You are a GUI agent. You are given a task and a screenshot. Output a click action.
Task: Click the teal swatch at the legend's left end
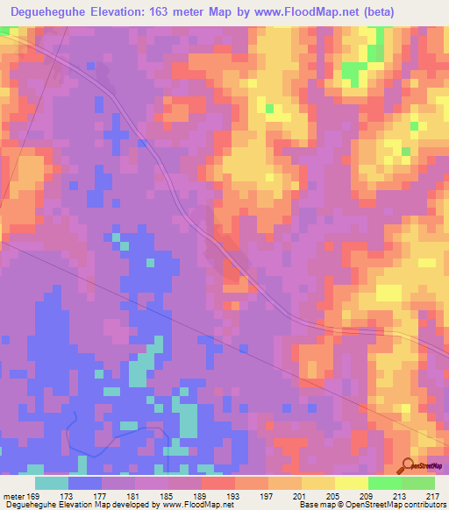click(52, 483)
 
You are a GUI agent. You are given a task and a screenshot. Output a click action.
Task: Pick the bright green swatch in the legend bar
click(385, 483)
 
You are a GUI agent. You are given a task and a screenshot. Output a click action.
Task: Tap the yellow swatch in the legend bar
click(352, 483)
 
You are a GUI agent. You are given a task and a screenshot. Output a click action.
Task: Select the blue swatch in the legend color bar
click(85, 483)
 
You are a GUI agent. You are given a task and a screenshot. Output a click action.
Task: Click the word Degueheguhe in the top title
click(45, 12)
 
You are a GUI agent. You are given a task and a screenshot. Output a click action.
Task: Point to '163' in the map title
click(157, 12)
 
